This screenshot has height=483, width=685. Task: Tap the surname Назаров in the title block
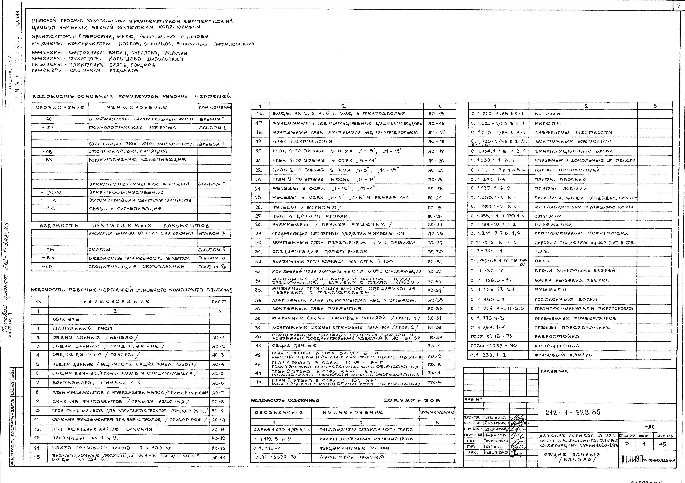click(495, 435)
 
